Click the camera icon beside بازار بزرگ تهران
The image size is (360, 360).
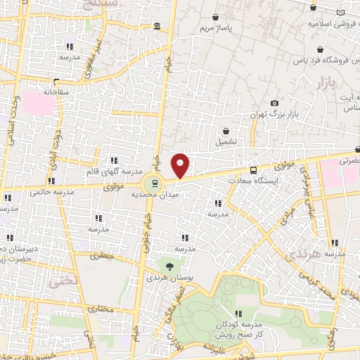(274, 103)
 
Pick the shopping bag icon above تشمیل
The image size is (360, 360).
(226, 131)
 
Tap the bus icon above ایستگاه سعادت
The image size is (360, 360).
(254, 169)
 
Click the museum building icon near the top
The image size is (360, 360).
(155, 27)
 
